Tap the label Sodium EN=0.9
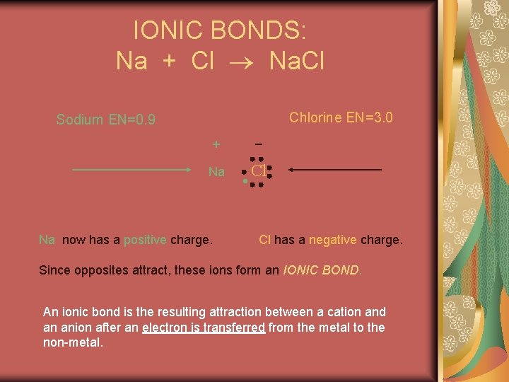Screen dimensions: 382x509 click(x=105, y=120)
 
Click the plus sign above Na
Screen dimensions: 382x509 click(x=216, y=144)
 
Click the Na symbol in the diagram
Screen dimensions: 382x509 click(x=216, y=172)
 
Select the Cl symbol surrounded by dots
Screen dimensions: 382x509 click(x=259, y=170)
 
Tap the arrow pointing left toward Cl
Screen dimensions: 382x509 click(x=335, y=170)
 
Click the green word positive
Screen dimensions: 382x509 click(x=145, y=240)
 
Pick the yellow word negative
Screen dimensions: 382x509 click(x=333, y=240)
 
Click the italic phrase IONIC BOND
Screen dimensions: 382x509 click(x=322, y=270)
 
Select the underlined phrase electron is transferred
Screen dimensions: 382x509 click(x=204, y=327)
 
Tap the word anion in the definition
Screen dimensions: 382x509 click(x=76, y=327)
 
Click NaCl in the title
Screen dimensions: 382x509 click(x=297, y=61)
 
